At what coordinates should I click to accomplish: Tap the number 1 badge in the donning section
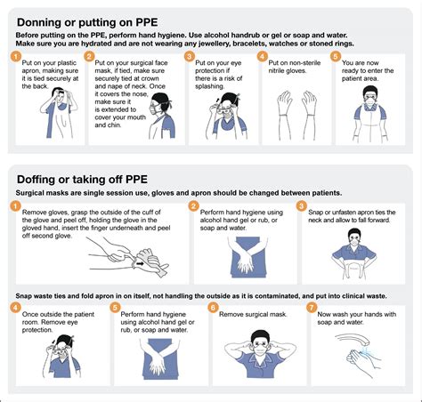click(x=16, y=56)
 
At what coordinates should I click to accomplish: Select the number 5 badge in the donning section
click(x=335, y=56)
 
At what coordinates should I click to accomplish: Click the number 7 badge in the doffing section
click(x=312, y=308)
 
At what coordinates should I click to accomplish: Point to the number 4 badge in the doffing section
click(x=16, y=308)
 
